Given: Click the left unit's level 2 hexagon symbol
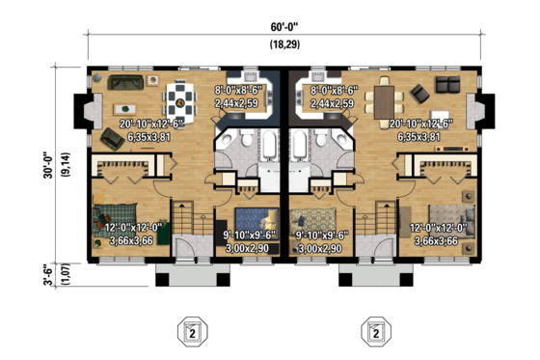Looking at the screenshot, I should pyautogui.click(x=194, y=333).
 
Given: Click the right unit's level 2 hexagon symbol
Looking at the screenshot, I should pyautogui.click(x=376, y=333).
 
